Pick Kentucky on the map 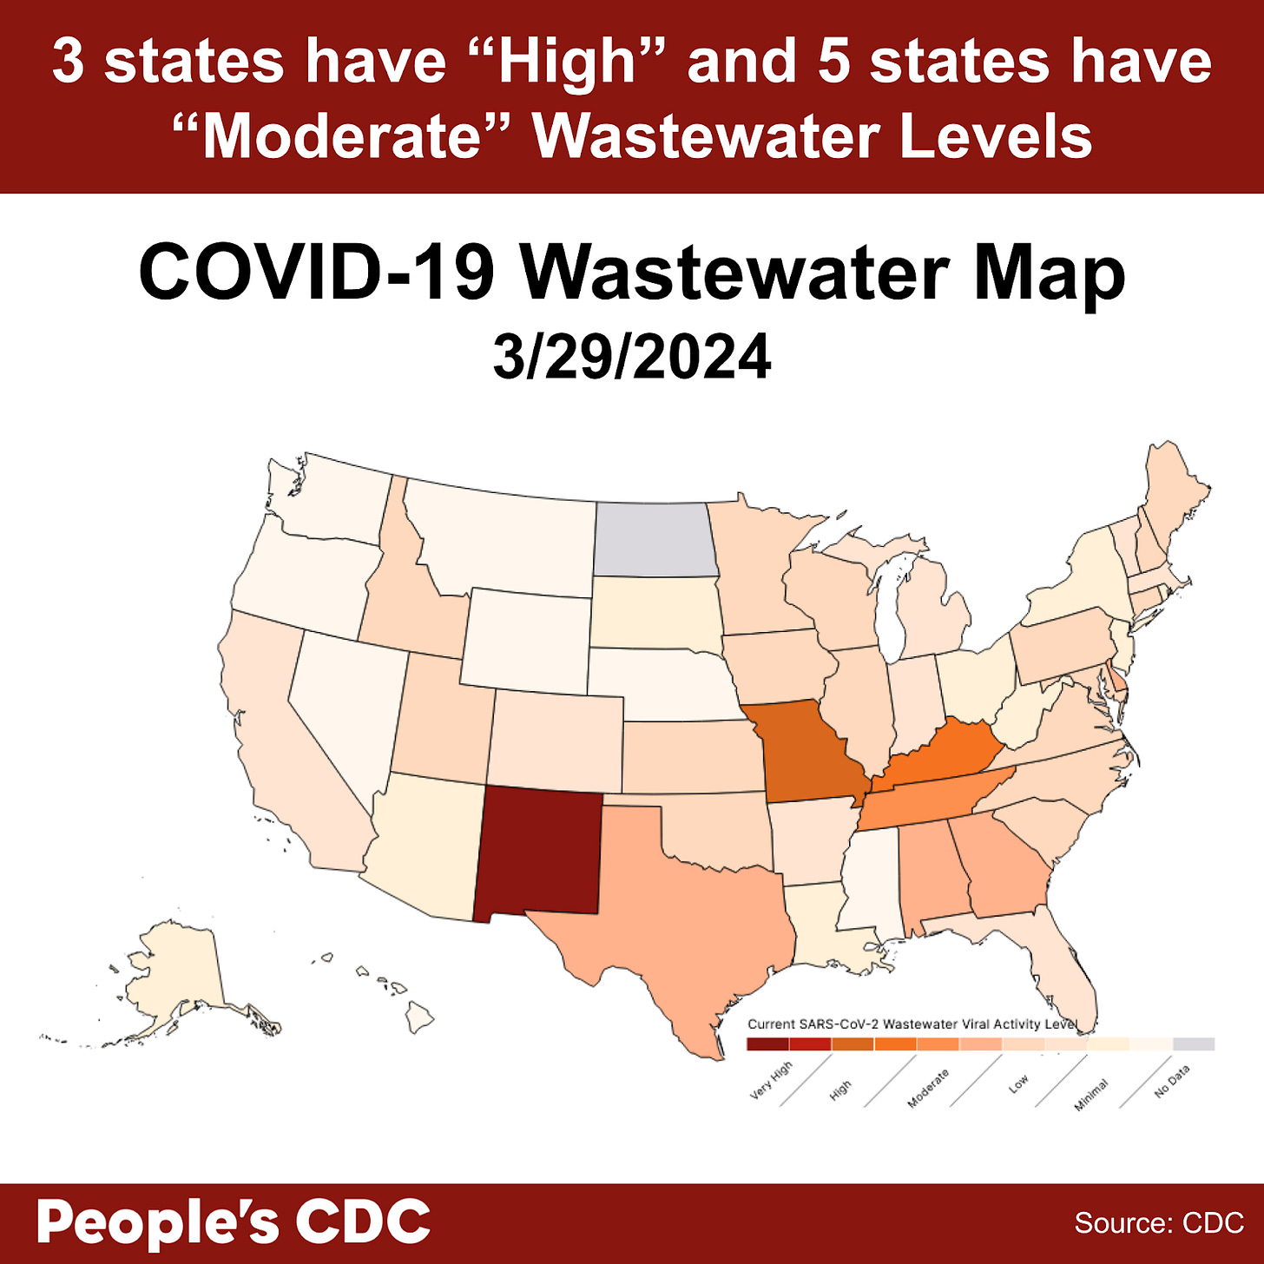942,751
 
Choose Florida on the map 1063,972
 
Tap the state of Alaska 174,972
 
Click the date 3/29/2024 632,357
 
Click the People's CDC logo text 233,1221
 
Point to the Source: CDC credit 1159,1223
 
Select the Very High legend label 771,1081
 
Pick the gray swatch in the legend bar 1194,1044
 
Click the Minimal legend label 1091,1095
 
